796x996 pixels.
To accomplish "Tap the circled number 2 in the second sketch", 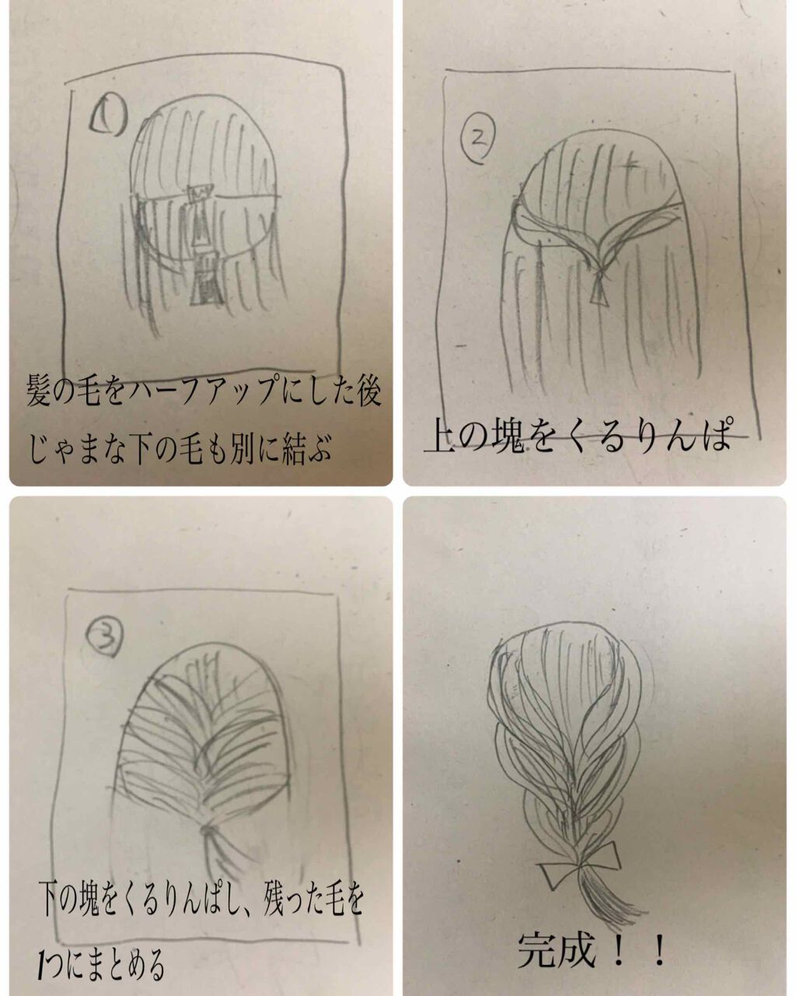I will [478, 140].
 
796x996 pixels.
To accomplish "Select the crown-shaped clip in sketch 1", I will [201, 191].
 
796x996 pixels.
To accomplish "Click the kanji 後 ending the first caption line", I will [364, 391].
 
